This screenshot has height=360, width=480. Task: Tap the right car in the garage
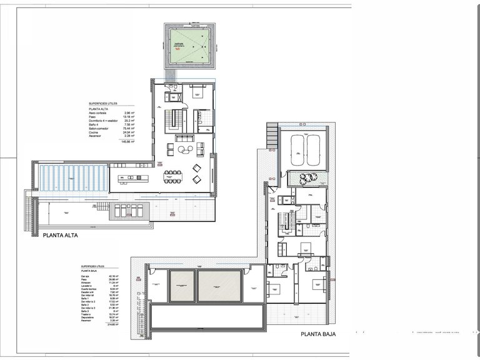(x=312, y=151)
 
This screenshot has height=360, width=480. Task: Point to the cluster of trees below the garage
(x=307, y=179)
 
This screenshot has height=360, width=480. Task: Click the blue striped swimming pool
(x=72, y=177)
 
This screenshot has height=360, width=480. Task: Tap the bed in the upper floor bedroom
(x=200, y=93)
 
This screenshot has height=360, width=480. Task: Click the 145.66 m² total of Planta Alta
(x=129, y=142)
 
